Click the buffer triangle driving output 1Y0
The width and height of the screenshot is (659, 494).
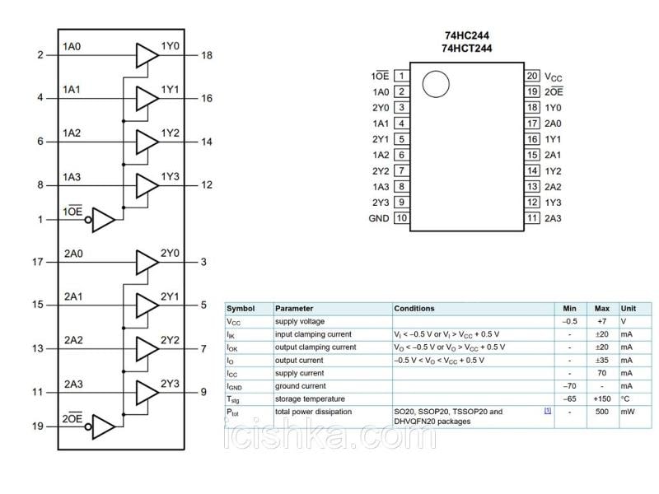tap(146, 55)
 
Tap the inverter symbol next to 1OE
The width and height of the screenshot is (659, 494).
tap(103, 220)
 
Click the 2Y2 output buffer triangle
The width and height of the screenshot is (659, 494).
tap(146, 348)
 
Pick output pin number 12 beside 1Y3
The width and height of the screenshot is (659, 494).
tap(206, 185)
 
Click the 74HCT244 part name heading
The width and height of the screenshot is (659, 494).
tap(466, 49)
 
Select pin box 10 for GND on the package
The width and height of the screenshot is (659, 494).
tap(401, 218)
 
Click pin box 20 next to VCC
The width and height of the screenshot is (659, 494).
tap(532, 76)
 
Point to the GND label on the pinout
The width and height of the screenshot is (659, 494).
tap(378, 218)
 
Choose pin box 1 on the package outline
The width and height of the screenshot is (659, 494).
tap(401, 76)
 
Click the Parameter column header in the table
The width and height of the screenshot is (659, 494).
tap(294, 309)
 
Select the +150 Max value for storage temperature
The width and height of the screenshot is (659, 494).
tap(602, 398)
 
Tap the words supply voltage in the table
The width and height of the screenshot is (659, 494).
tap(300, 321)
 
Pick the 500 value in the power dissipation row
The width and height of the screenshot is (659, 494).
tap(602, 412)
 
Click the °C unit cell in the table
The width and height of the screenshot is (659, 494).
tap(626, 398)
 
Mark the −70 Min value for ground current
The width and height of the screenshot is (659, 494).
tap(569, 385)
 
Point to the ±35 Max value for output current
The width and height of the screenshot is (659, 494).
tap(602, 360)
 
